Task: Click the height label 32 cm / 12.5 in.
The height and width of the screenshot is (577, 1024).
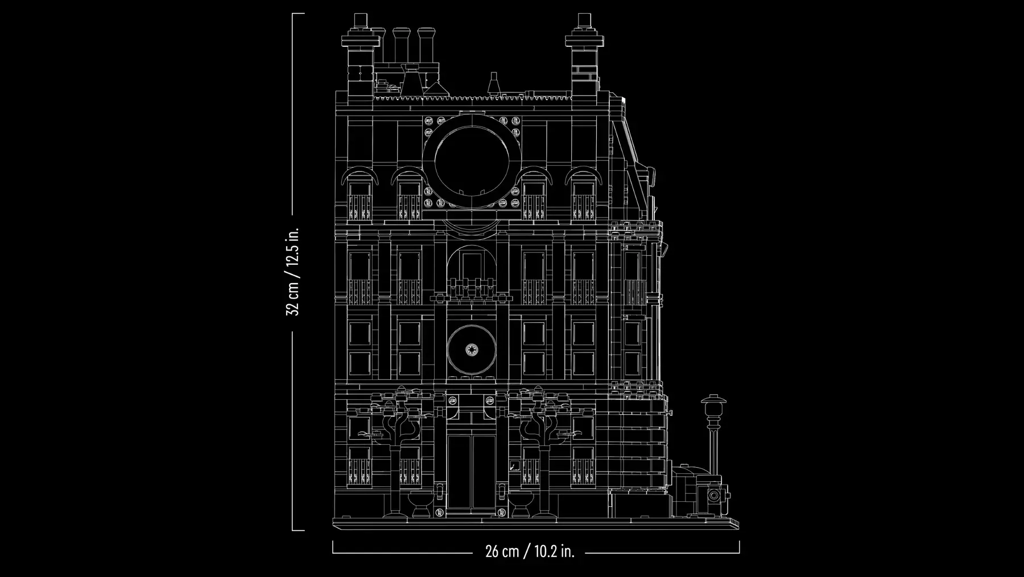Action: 294,272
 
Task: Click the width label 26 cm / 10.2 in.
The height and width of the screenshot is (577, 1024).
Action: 530,551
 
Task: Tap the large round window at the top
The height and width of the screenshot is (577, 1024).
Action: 471,160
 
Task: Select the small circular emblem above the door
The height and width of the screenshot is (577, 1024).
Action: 471,350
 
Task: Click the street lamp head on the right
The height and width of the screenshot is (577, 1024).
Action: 711,406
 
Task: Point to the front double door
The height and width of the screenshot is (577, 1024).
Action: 471,472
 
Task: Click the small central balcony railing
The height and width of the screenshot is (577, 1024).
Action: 471,288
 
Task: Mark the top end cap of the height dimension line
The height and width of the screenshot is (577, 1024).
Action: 298,14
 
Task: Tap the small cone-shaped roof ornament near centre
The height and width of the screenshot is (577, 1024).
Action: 494,83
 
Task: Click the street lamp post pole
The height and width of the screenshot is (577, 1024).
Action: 711,450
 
